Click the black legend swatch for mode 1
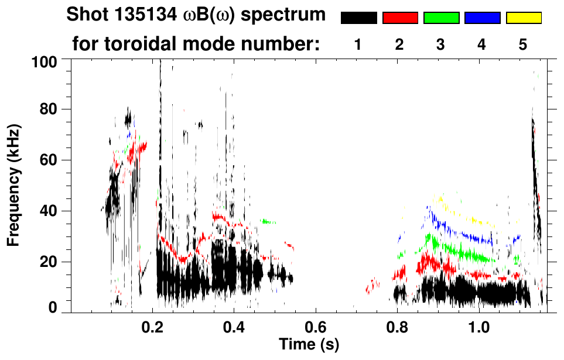click(x=358, y=18)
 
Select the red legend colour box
click(x=400, y=18)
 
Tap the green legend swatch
click(x=441, y=18)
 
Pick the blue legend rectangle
click(x=482, y=18)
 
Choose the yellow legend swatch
click(x=523, y=18)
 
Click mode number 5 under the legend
click(x=523, y=44)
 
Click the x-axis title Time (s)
click(x=309, y=343)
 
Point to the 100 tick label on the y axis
click(x=43, y=61)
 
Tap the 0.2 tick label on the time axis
click(x=153, y=325)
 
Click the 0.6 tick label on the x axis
click(x=316, y=325)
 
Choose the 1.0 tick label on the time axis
click(x=479, y=325)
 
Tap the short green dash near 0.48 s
click(x=269, y=221)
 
